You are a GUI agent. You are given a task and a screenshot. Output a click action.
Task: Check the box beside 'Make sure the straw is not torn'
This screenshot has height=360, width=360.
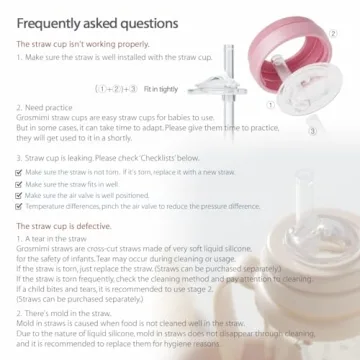pos(21,172)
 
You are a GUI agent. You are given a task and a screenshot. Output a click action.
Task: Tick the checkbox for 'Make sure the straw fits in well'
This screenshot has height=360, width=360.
pos(21,184)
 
